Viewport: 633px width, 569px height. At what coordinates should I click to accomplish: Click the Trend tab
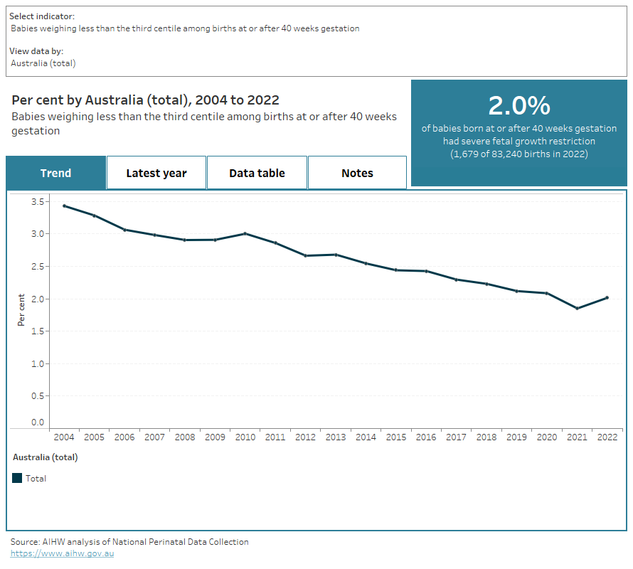pos(55,173)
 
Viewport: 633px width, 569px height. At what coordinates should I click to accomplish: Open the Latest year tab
pos(156,173)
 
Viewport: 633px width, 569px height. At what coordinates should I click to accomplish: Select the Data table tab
pos(257,173)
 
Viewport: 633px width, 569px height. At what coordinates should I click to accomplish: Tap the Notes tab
pos(357,173)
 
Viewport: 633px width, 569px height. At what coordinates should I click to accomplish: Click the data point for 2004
pos(64,206)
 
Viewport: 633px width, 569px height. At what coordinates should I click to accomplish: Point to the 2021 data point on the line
pos(577,309)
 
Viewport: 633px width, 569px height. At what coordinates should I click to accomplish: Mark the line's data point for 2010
pos(245,233)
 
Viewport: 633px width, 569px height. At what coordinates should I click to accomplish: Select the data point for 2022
pos(607,297)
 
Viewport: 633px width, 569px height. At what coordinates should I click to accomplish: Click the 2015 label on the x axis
pos(396,437)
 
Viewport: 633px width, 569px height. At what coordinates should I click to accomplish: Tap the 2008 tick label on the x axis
pos(185,437)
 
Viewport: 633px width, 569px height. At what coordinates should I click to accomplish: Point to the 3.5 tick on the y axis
pos(38,202)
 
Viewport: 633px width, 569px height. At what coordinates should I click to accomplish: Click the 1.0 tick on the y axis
pos(38,364)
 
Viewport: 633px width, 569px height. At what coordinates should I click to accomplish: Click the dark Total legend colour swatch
pos(18,479)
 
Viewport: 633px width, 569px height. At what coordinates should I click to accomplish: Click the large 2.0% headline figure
pos(518,105)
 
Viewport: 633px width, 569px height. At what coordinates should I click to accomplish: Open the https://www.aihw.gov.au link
pos(62,553)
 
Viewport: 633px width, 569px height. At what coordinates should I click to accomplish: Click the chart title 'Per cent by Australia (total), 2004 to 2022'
pos(145,100)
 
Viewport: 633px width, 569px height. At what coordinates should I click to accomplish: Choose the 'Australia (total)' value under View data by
pos(43,63)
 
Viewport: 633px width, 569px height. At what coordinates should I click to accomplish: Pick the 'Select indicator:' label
pos(41,16)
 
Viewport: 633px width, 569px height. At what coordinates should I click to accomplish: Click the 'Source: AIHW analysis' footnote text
pos(129,541)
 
